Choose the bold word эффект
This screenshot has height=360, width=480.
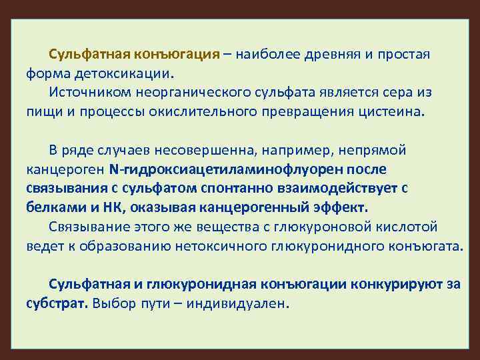coord(341,207)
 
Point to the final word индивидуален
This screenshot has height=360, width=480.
coord(245,303)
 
